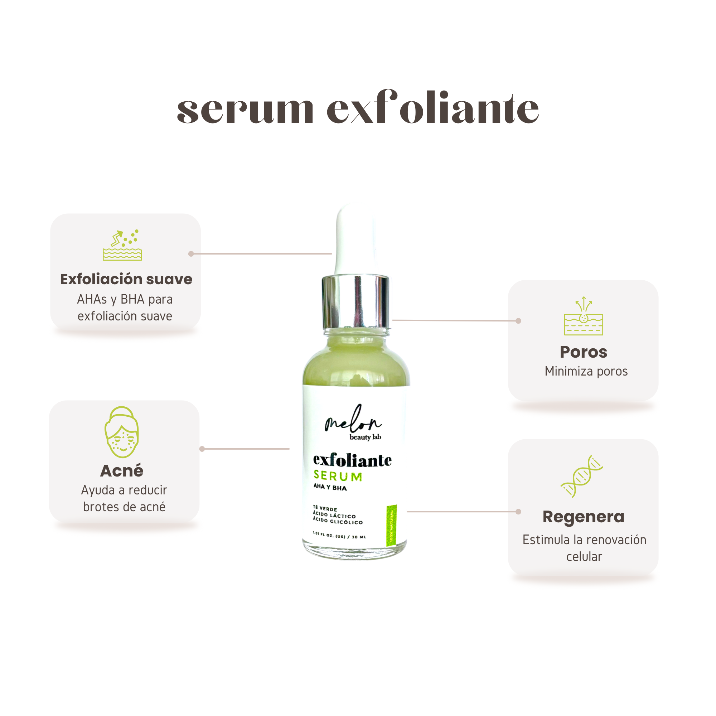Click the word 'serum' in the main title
[245, 109]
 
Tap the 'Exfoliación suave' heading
[126, 280]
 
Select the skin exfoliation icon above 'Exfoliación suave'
[122, 245]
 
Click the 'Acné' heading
[122, 471]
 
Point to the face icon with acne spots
[122, 432]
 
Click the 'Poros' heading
[584, 352]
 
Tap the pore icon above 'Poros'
[584, 316]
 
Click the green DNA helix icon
[582, 476]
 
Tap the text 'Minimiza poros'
[586, 371]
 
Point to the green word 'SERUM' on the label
[338, 476]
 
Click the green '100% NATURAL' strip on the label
[392, 525]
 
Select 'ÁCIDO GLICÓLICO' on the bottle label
[338, 521]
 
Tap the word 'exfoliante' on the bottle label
[352, 460]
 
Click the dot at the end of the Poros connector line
[518, 321]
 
